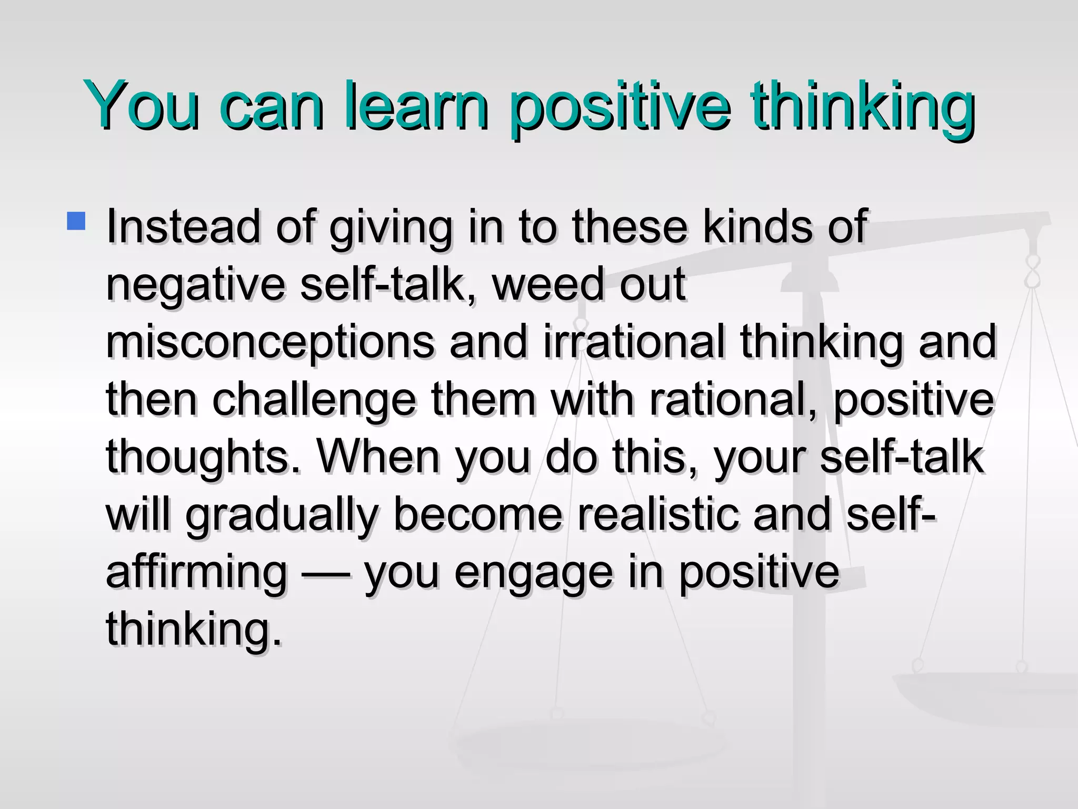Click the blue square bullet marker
[76, 221]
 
